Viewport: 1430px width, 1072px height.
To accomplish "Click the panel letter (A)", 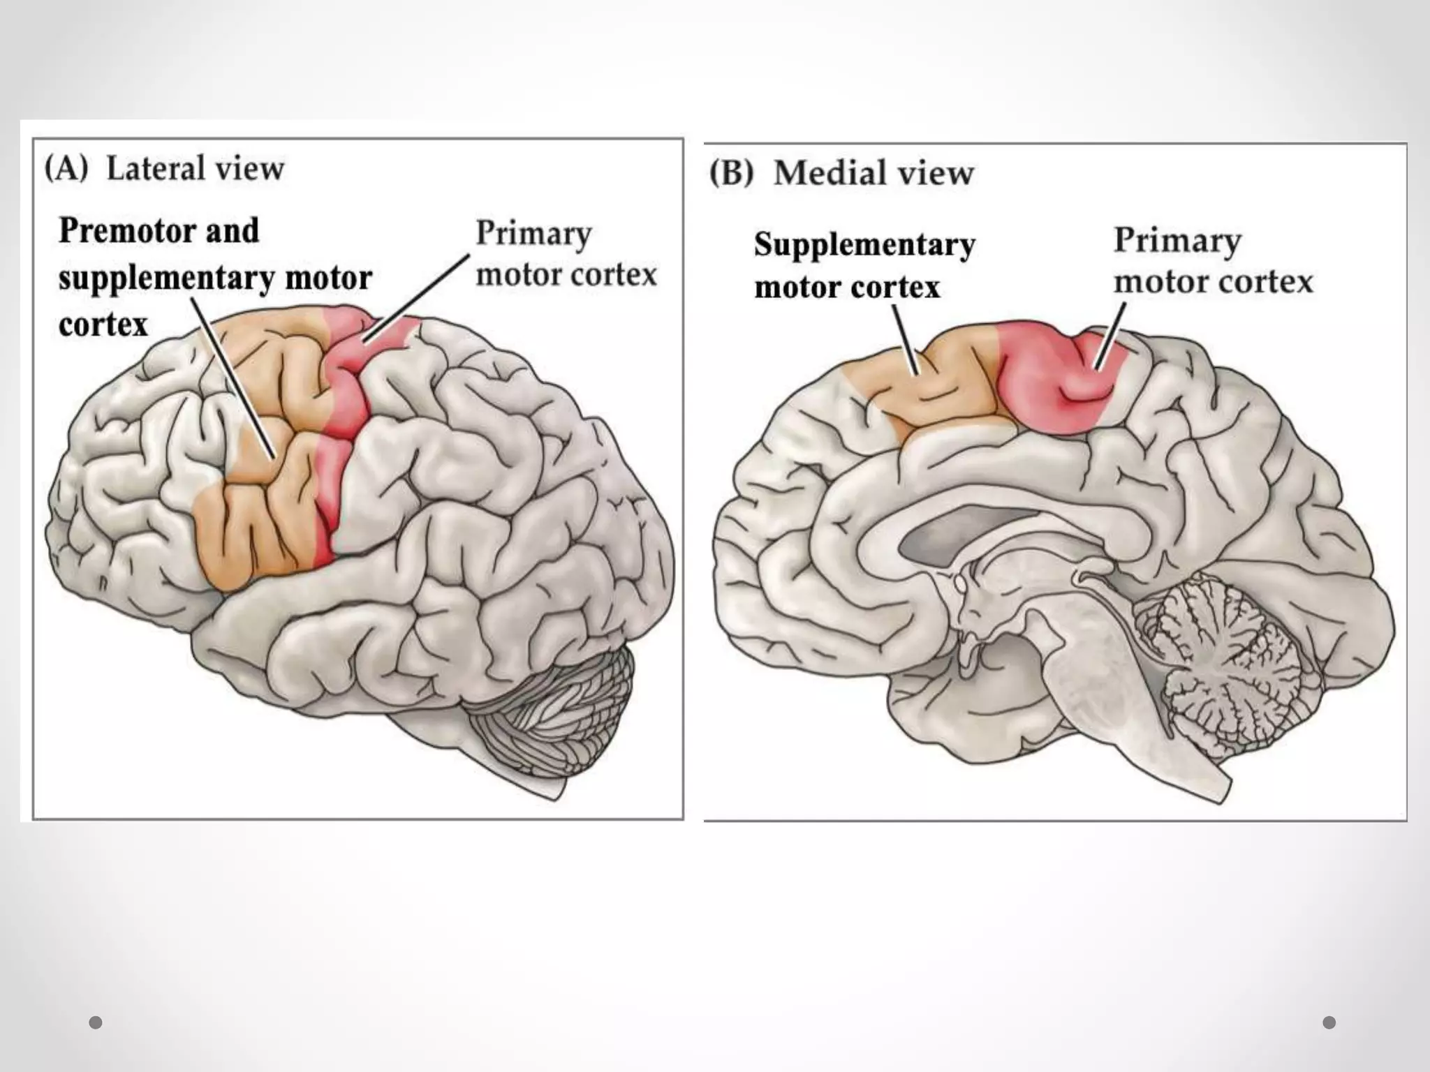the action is pyautogui.click(x=66, y=169).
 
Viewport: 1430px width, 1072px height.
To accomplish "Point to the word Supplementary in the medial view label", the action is pyautogui.click(x=864, y=245).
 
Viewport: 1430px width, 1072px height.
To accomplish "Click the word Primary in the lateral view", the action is pyautogui.click(x=533, y=234).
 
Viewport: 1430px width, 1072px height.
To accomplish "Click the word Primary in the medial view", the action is pyautogui.click(x=1177, y=241).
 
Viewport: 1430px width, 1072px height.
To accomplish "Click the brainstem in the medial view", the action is pyautogui.click(x=1089, y=698).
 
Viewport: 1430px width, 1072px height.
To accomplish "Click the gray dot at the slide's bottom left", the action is pyautogui.click(x=96, y=1022).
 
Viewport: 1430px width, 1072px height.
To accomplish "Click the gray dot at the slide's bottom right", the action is pyautogui.click(x=1329, y=1022).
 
